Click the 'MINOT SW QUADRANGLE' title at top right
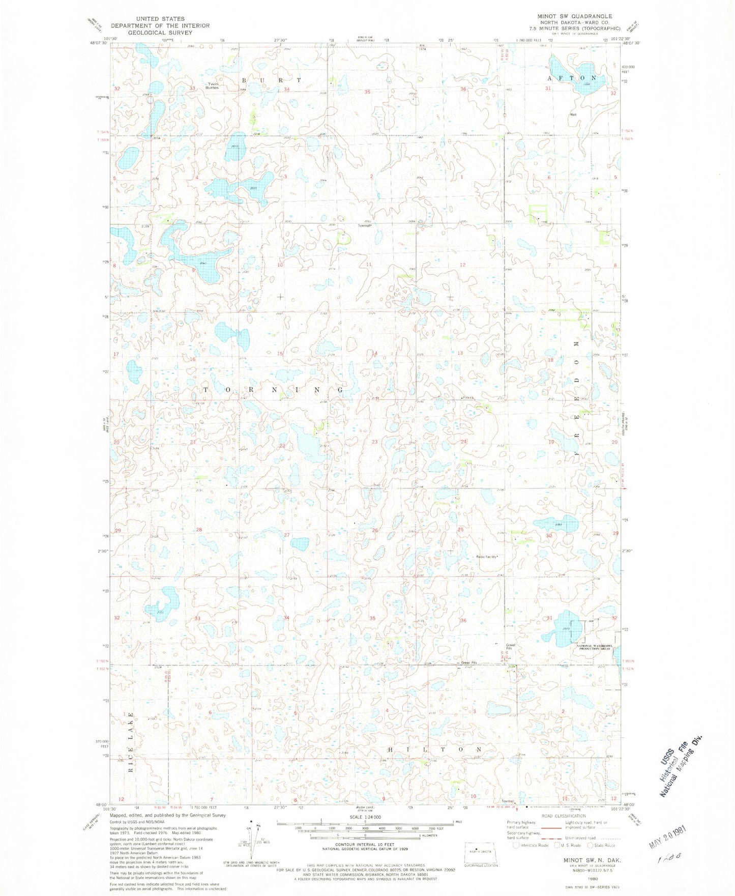point(570,16)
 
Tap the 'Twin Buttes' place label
point(212,85)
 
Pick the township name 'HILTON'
point(434,750)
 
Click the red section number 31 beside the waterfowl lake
point(549,618)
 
